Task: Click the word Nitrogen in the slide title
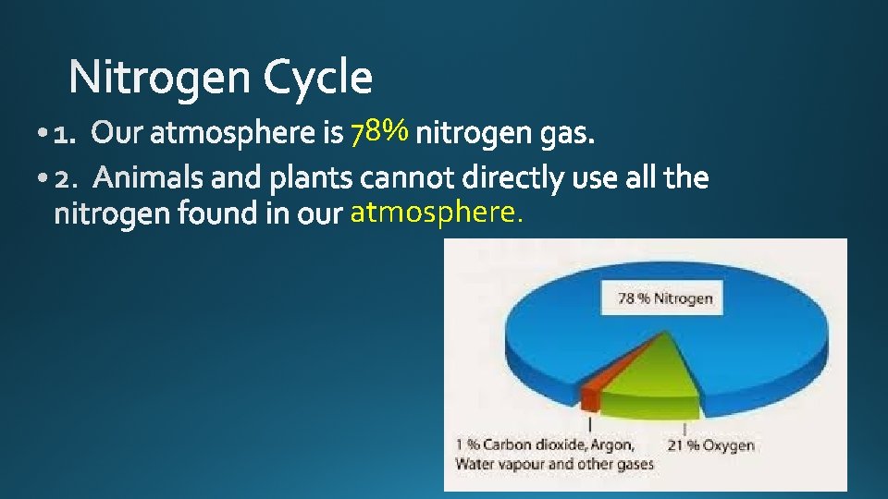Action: click(161, 78)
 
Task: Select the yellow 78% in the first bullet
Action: click(379, 134)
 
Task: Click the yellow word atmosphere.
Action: click(437, 213)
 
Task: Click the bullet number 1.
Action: click(64, 136)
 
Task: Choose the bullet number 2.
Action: click(66, 176)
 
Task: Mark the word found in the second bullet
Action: click(223, 214)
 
